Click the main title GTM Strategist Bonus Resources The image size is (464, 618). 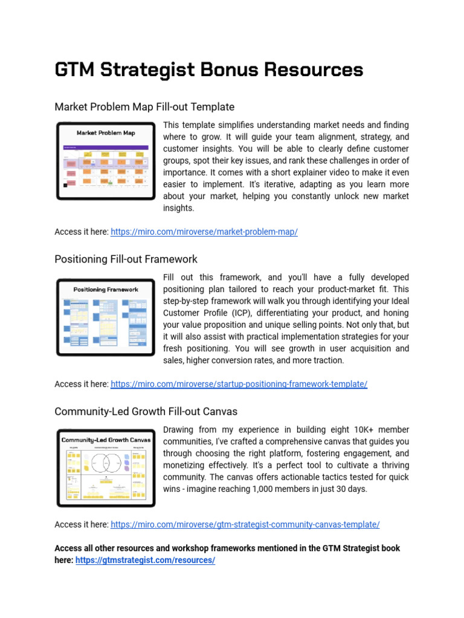tap(208, 70)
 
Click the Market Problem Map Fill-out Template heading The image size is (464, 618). tap(144, 107)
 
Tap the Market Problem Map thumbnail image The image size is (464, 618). tap(106, 161)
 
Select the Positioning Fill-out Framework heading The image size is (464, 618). tap(126, 259)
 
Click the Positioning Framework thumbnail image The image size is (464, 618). tap(106, 317)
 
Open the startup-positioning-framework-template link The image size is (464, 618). tap(239, 384)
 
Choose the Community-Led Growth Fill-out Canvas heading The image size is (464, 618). tap(146, 411)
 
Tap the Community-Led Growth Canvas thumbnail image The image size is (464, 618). tap(106, 468)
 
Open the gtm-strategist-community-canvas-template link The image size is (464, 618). tap(245, 524)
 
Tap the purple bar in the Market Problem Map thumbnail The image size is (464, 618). tap(106, 147)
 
